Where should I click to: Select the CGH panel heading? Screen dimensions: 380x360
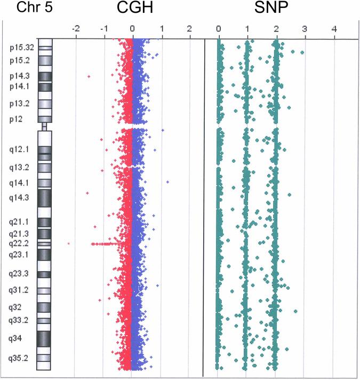click(x=132, y=9)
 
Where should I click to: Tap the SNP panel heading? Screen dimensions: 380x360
click(x=276, y=9)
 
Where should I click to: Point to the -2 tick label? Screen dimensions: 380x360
click(x=76, y=29)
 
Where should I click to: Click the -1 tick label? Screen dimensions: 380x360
click(x=104, y=29)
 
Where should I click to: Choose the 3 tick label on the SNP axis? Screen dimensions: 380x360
click(x=305, y=29)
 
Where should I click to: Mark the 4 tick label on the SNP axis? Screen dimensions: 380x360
click(x=334, y=29)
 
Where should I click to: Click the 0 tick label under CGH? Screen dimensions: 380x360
click(x=133, y=29)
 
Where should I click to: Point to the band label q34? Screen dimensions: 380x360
click(x=16, y=338)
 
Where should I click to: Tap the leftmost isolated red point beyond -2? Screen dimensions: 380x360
click(x=69, y=243)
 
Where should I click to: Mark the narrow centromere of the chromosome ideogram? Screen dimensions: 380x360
click(x=44, y=126)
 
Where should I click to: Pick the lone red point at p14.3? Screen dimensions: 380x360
click(x=89, y=77)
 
